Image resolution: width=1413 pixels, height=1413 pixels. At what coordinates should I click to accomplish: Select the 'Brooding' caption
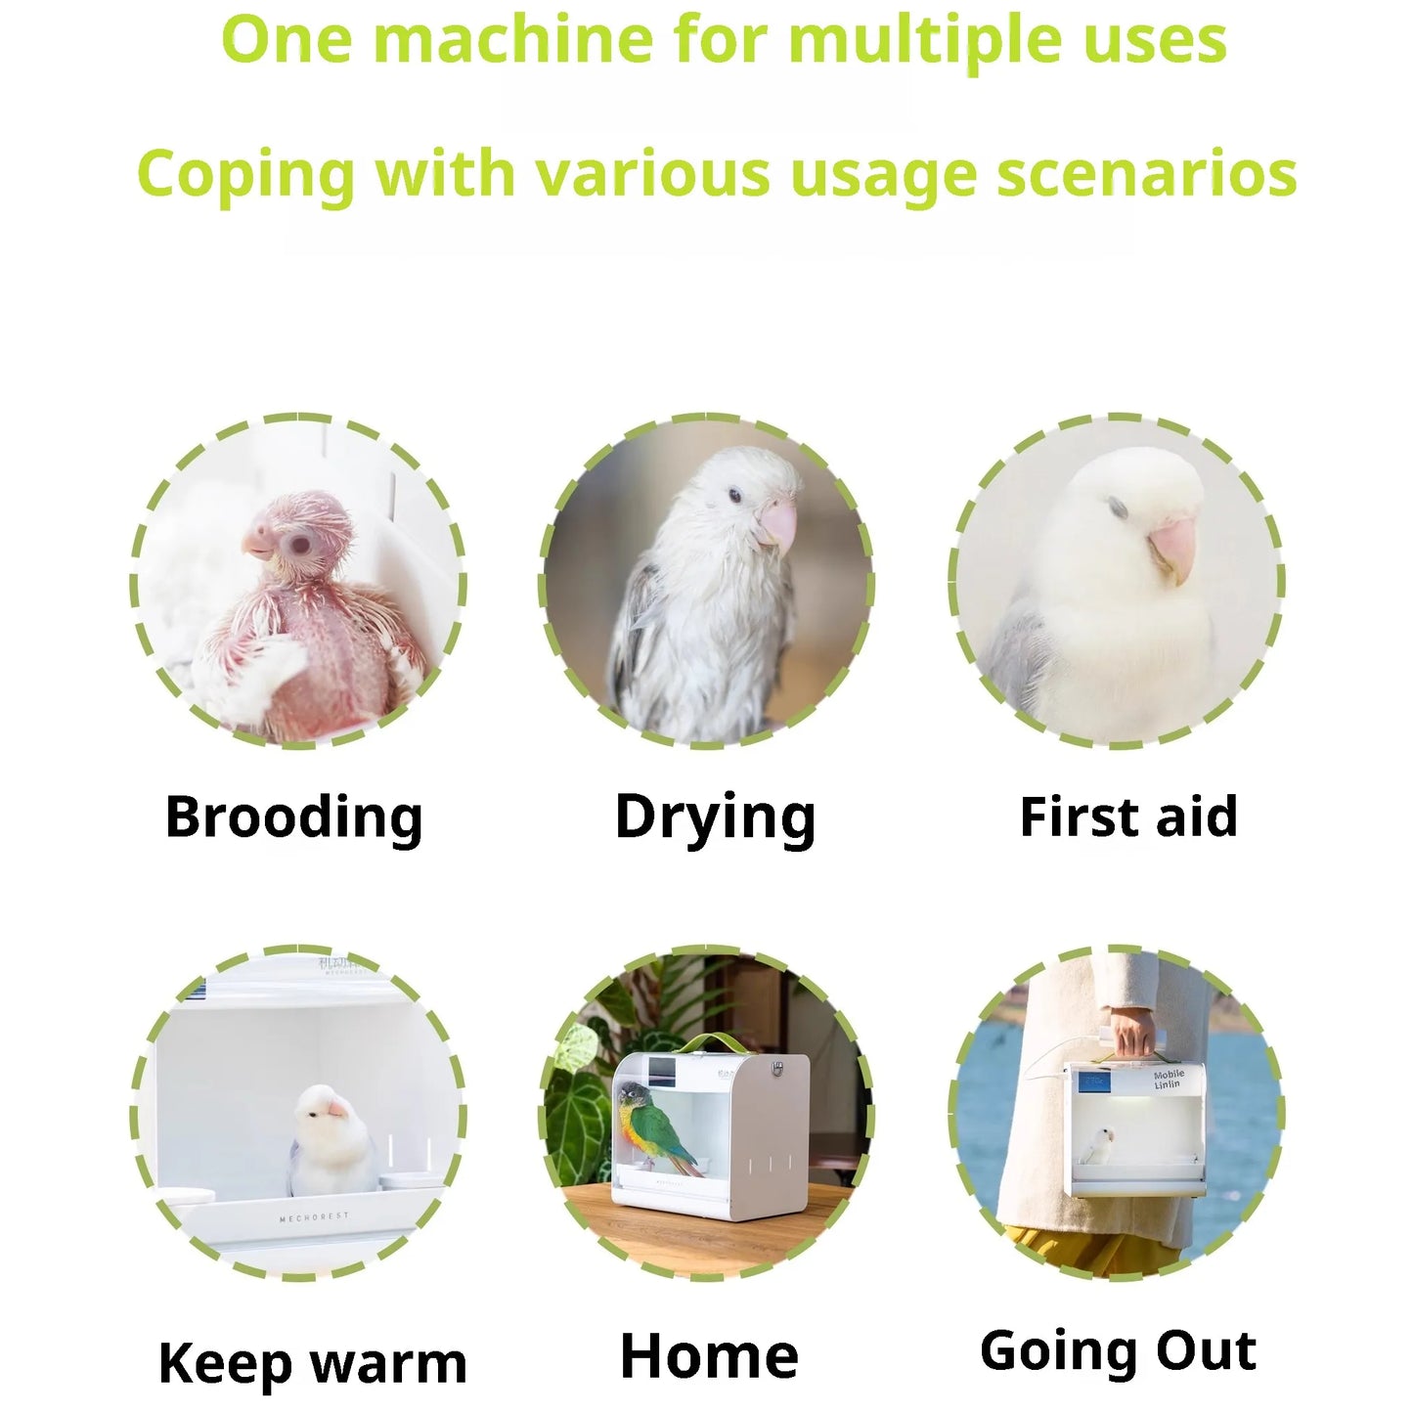tap(293, 817)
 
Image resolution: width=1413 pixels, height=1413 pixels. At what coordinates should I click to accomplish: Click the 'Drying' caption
tap(715, 817)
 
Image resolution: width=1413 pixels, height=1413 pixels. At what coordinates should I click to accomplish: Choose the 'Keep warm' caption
tap(312, 1363)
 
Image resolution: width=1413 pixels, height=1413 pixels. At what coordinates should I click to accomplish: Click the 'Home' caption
tap(709, 1356)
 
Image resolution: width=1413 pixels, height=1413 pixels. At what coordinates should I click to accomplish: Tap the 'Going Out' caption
tap(1118, 1350)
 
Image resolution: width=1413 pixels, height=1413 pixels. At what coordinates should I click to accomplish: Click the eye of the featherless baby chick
tap(298, 544)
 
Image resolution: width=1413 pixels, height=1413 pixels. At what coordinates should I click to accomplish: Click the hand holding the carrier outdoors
tap(1131, 1032)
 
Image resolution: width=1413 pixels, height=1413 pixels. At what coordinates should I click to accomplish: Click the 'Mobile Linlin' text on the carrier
tap(1168, 1080)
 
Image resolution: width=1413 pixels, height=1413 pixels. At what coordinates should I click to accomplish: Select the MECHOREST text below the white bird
tap(313, 1218)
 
